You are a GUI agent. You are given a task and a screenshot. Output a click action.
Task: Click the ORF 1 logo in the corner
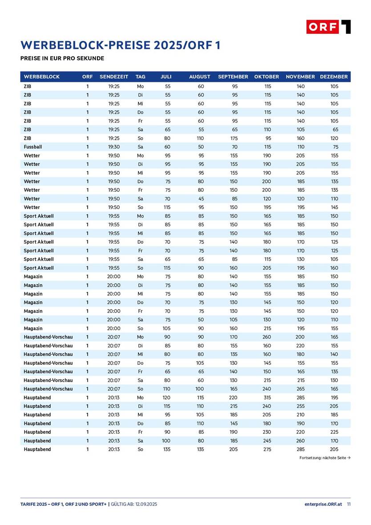(x=328, y=27)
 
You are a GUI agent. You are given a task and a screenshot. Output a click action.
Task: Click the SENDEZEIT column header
(x=114, y=77)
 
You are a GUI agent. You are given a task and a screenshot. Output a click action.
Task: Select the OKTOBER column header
(x=266, y=77)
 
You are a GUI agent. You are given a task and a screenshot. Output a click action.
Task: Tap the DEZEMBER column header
(x=334, y=77)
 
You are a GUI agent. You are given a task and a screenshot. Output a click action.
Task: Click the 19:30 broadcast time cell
(x=114, y=147)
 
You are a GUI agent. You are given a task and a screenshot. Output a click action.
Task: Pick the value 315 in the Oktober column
(x=267, y=397)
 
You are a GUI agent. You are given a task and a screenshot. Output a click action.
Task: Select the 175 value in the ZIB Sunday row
(x=234, y=138)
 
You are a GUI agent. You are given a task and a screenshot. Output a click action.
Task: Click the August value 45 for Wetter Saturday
(x=201, y=199)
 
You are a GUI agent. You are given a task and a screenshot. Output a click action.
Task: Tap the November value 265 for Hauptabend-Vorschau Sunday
(x=301, y=389)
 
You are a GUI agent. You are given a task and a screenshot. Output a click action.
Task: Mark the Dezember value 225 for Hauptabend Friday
(x=334, y=432)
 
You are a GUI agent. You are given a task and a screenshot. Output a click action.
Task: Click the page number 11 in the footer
(x=349, y=504)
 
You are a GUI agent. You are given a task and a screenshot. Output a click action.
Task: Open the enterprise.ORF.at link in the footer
(x=323, y=504)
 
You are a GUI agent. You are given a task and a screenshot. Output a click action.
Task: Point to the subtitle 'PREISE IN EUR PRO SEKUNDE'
(x=62, y=58)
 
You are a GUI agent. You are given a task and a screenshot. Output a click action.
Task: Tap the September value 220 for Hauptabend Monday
(x=233, y=397)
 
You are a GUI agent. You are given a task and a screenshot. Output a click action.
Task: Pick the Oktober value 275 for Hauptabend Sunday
(x=267, y=449)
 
